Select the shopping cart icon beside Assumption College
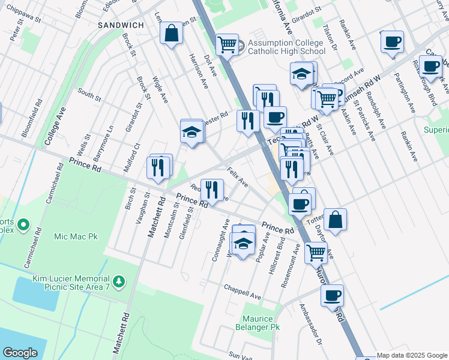click(x=227, y=44)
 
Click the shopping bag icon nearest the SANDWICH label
click(x=171, y=34)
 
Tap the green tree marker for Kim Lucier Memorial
click(x=119, y=281)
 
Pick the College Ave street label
click(x=55, y=126)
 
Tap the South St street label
click(x=89, y=94)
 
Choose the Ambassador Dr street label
click(x=312, y=325)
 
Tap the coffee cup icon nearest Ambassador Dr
click(x=332, y=295)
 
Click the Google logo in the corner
click(x=20, y=353)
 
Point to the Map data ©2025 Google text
click(x=411, y=355)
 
